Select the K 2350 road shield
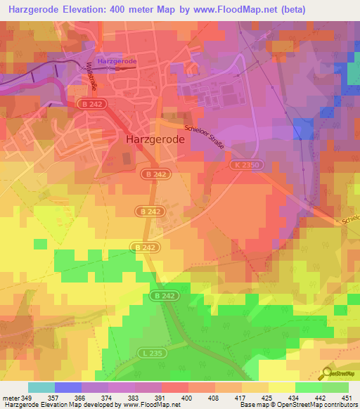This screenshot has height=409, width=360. click(x=243, y=164)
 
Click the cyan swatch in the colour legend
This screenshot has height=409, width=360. click(x=41, y=387)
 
